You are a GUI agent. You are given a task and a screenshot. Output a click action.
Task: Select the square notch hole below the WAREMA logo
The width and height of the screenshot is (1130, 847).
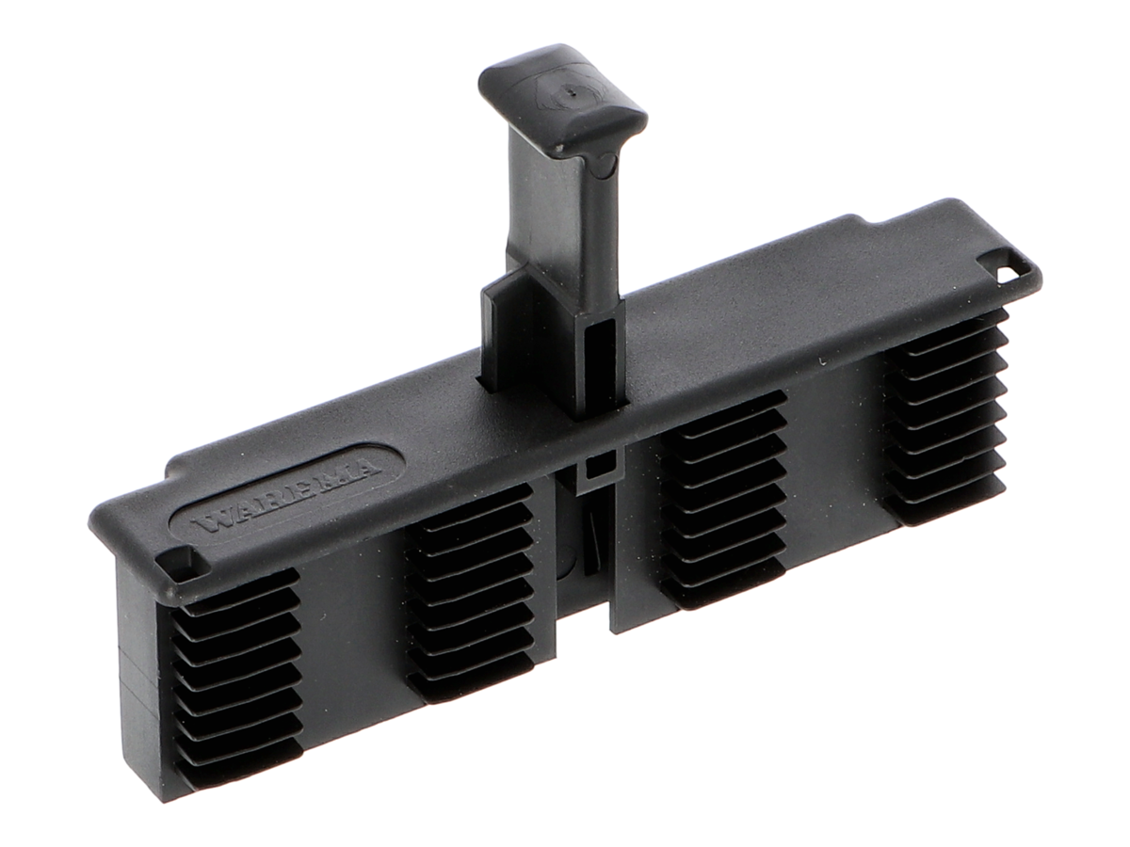180,564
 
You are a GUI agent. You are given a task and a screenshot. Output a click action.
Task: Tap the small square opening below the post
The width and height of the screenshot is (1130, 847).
599,469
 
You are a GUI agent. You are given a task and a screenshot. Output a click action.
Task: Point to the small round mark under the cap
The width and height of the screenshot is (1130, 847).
603,164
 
